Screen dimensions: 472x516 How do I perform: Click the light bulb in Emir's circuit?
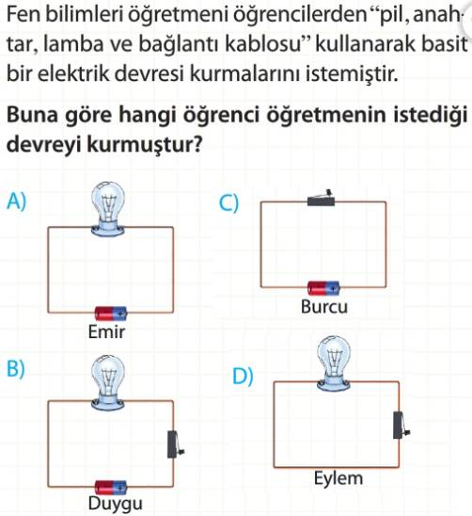point(108,209)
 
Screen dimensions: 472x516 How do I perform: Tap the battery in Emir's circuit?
point(111,314)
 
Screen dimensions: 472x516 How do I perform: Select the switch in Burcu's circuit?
point(321,199)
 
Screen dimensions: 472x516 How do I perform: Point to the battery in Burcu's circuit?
point(323,288)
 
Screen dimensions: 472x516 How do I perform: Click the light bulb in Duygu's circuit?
point(108,382)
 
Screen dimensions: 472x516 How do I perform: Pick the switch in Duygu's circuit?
point(175,444)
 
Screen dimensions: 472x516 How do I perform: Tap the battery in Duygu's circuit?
point(111,488)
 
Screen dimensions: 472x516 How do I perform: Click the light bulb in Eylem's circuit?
point(334,363)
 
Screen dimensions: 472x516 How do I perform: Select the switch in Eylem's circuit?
point(401,426)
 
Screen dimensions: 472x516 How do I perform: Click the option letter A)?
point(16,201)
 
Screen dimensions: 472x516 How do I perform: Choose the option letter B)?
point(16,368)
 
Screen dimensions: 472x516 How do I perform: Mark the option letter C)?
point(228,203)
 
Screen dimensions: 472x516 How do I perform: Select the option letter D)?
point(243,376)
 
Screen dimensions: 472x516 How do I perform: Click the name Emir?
point(106,332)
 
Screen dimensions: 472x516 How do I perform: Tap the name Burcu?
point(324,307)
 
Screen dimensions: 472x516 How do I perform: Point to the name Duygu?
point(116,504)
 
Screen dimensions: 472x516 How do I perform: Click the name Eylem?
point(338,478)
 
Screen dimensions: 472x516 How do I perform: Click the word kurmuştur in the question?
point(144,144)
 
